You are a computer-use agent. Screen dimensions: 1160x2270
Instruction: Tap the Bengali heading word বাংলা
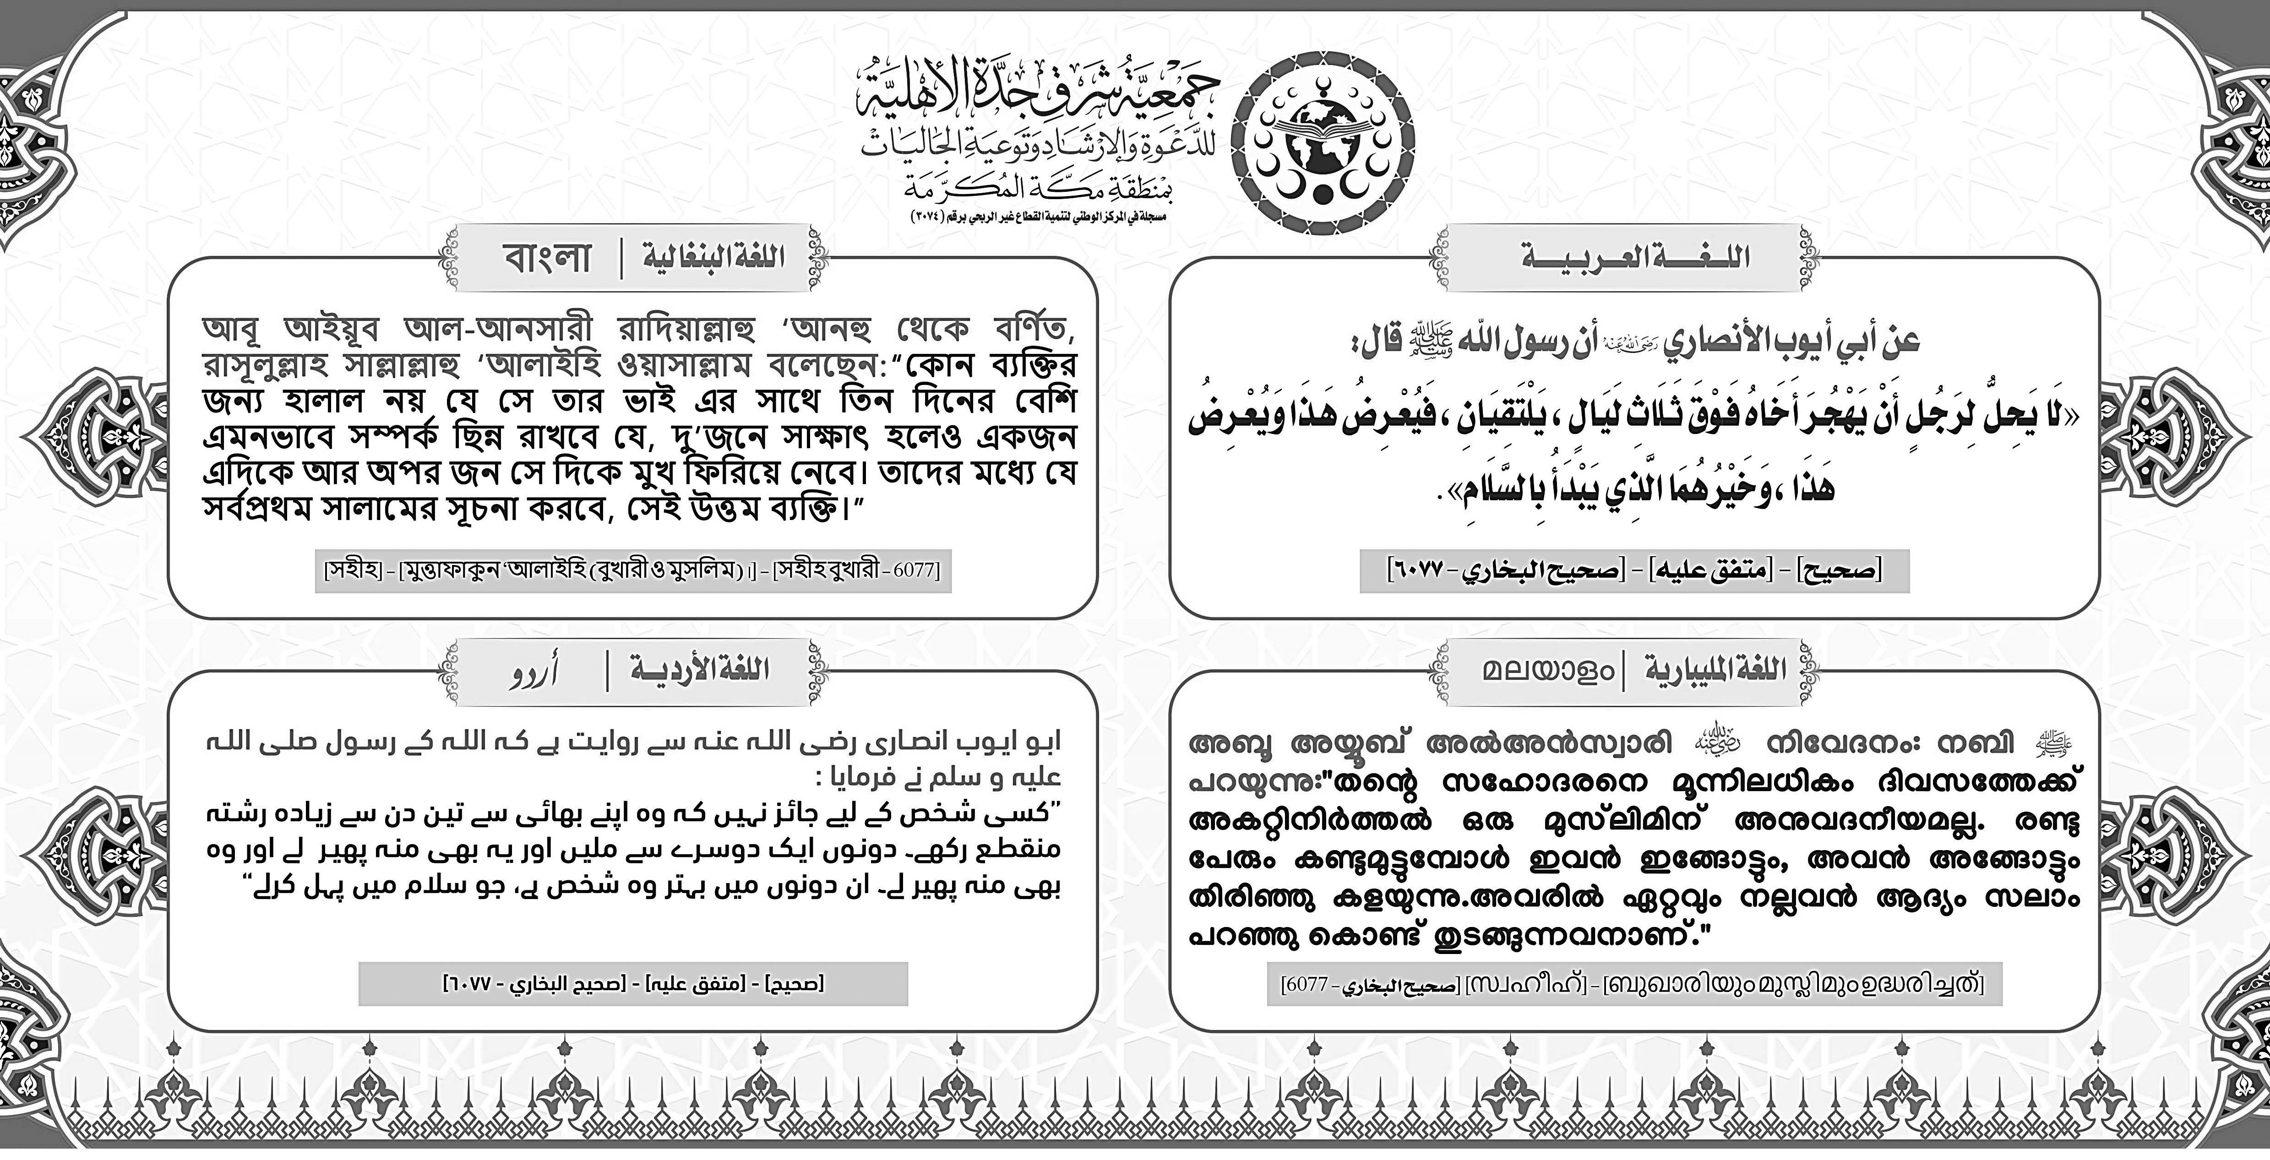(x=546, y=258)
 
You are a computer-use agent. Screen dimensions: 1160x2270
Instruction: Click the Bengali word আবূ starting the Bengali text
(x=231, y=330)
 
